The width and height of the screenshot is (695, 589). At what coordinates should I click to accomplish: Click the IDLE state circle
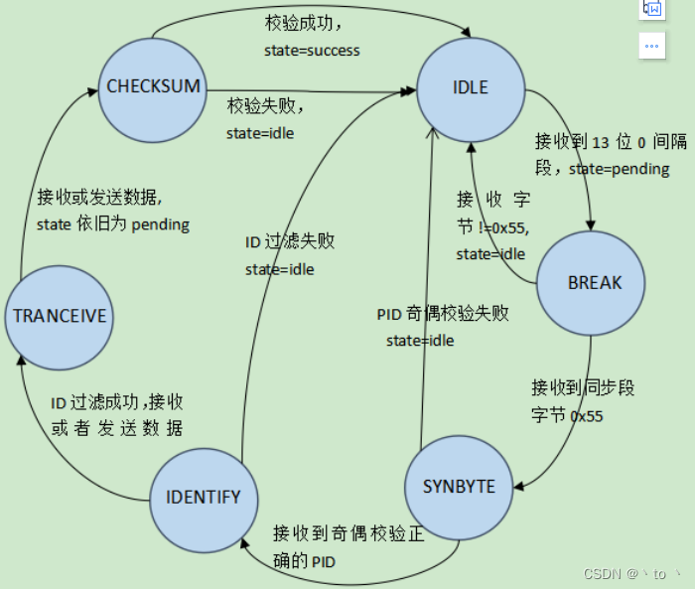471,87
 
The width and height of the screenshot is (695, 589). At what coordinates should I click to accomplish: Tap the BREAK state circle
594,282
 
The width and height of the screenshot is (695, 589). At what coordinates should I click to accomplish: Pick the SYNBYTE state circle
460,487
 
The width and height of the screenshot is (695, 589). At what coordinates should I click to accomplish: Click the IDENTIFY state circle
203,497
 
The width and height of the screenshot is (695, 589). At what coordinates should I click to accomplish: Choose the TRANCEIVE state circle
59,317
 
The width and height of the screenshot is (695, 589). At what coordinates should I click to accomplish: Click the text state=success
312,50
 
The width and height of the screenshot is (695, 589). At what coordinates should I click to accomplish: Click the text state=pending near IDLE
619,169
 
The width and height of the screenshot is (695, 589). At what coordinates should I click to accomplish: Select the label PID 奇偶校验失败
443,314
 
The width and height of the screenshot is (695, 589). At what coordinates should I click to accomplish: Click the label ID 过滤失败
290,242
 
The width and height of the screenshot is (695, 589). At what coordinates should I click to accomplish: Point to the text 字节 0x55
568,416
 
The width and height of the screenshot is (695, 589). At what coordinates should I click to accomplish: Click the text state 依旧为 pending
112,224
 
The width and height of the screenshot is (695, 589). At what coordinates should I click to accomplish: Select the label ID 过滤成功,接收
117,402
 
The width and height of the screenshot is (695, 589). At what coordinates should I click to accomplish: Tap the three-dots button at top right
651,45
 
